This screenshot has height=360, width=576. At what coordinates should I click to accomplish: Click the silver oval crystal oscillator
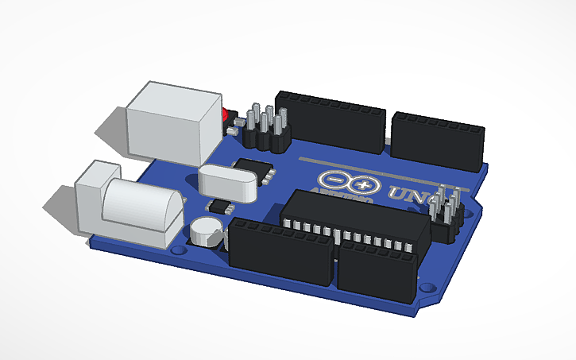(x=229, y=180)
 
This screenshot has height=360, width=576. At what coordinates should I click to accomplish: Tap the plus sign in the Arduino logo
(x=364, y=186)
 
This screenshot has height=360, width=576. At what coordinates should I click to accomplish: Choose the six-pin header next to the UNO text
(x=448, y=215)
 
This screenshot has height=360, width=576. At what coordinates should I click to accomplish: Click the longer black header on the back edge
(x=330, y=122)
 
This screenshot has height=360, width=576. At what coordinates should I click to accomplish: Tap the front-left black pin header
(x=280, y=254)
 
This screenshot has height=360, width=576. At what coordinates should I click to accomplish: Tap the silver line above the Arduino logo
(x=381, y=169)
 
